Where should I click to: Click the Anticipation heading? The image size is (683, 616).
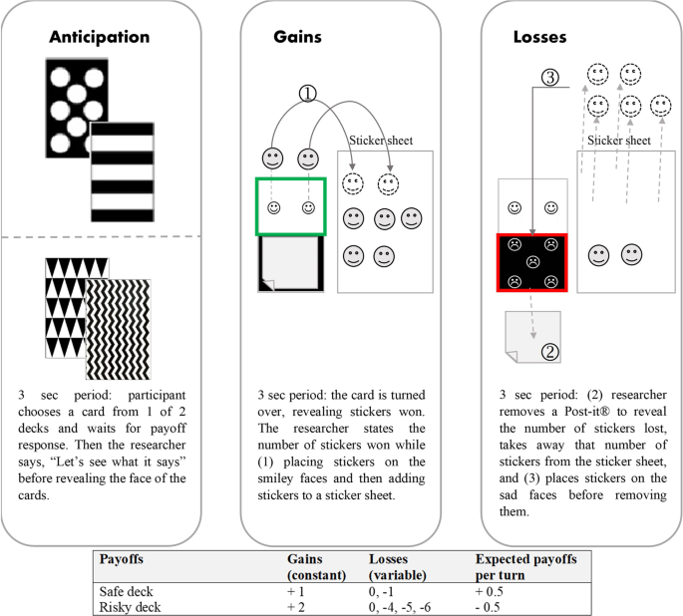coord(100,37)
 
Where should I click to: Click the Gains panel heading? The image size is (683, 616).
coord(298,37)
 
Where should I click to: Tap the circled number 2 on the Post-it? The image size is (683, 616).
coord(548,351)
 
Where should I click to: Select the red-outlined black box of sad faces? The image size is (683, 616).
coord(531,264)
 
